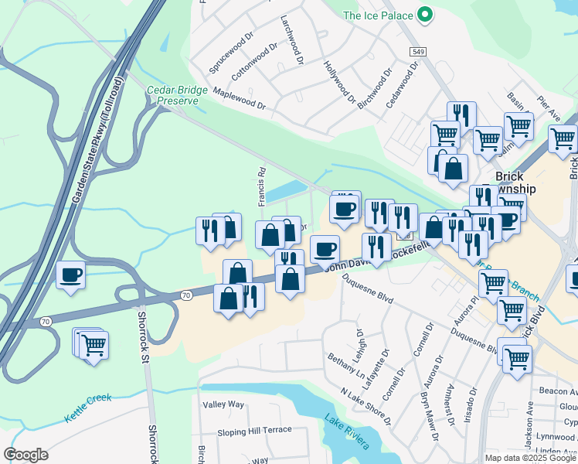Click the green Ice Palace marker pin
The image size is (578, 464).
(x=423, y=15)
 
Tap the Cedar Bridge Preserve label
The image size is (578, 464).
(x=177, y=95)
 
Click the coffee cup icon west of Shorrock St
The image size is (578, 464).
(x=71, y=275)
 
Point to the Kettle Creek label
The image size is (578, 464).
(x=88, y=408)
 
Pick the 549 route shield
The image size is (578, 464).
(x=418, y=50)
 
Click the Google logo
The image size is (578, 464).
(x=26, y=454)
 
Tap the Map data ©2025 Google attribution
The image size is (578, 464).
(x=530, y=457)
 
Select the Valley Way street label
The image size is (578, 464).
(x=223, y=404)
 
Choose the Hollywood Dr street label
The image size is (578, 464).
(x=339, y=82)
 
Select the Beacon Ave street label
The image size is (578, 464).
(x=558, y=391)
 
